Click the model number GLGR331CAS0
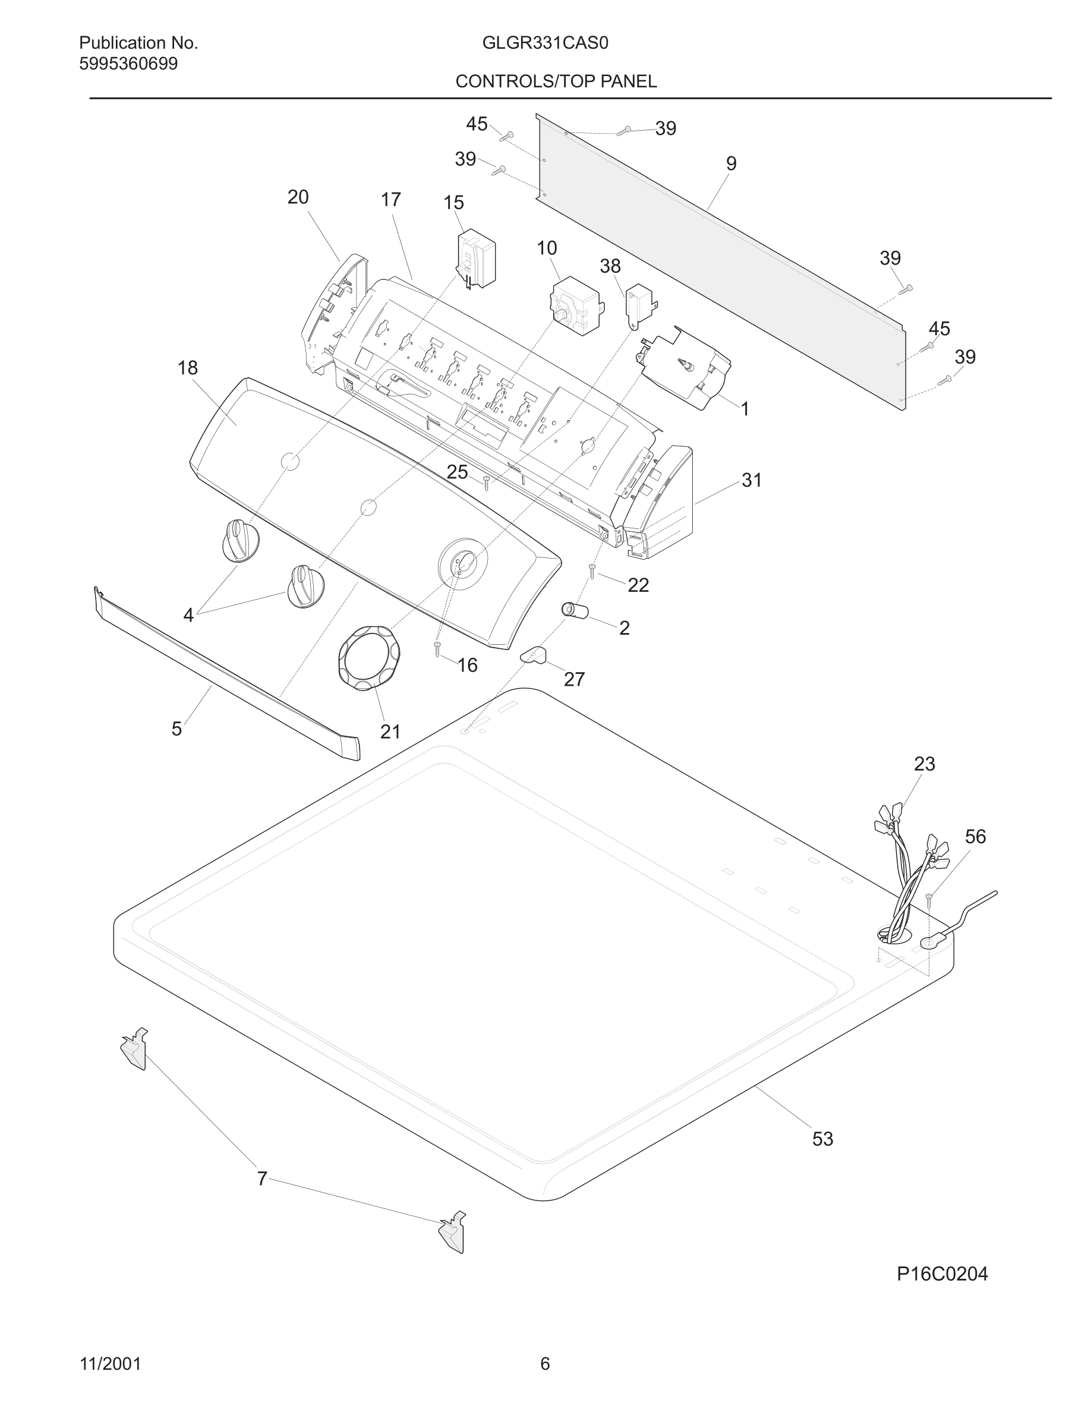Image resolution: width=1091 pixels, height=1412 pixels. (x=545, y=43)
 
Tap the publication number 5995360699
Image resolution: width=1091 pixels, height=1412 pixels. (x=128, y=64)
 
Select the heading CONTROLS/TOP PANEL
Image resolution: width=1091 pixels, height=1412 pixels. (x=556, y=81)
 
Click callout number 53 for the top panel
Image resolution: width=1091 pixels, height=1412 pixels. (x=822, y=1139)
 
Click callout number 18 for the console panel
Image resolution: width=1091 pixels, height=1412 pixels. (x=187, y=368)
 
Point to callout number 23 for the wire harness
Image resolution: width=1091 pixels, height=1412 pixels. (x=924, y=764)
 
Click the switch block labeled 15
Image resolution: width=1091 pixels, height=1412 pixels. (x=477, y=257)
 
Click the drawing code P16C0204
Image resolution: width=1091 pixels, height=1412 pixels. (x=942, y=1274)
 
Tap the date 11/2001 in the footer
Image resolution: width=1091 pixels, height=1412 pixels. (x=110, y=1364)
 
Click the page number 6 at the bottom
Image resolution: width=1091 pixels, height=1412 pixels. (x=545, y=1364)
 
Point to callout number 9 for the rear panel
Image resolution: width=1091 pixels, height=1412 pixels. (x=731, y=163)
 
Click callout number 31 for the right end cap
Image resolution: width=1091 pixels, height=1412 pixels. (x=751, y=480)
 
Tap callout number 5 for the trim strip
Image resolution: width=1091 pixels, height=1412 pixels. (x=176, y=729)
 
